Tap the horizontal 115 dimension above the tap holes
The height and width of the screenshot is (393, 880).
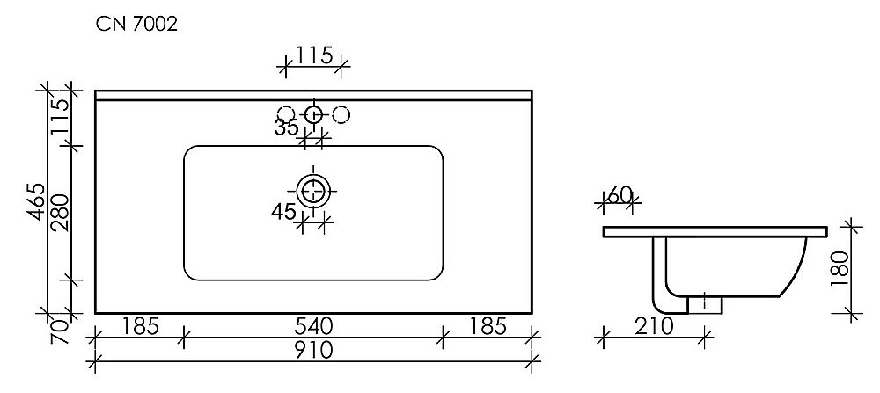coord(313,55)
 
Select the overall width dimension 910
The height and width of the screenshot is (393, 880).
coord(312,351)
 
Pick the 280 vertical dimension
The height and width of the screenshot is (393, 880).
coord(60,212)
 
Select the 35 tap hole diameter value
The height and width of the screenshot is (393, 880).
coord(286,128)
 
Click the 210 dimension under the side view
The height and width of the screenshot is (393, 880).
coord(652,327)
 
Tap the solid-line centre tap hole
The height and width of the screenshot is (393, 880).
coord(313,113)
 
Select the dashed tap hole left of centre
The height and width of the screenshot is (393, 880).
coord(285,113)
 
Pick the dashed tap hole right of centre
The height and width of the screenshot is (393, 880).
coord(341,113)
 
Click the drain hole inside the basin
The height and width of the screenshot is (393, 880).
coord(313,189)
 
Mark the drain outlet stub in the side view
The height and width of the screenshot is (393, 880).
coord(705,303)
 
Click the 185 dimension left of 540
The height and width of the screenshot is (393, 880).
coord(139,327)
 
